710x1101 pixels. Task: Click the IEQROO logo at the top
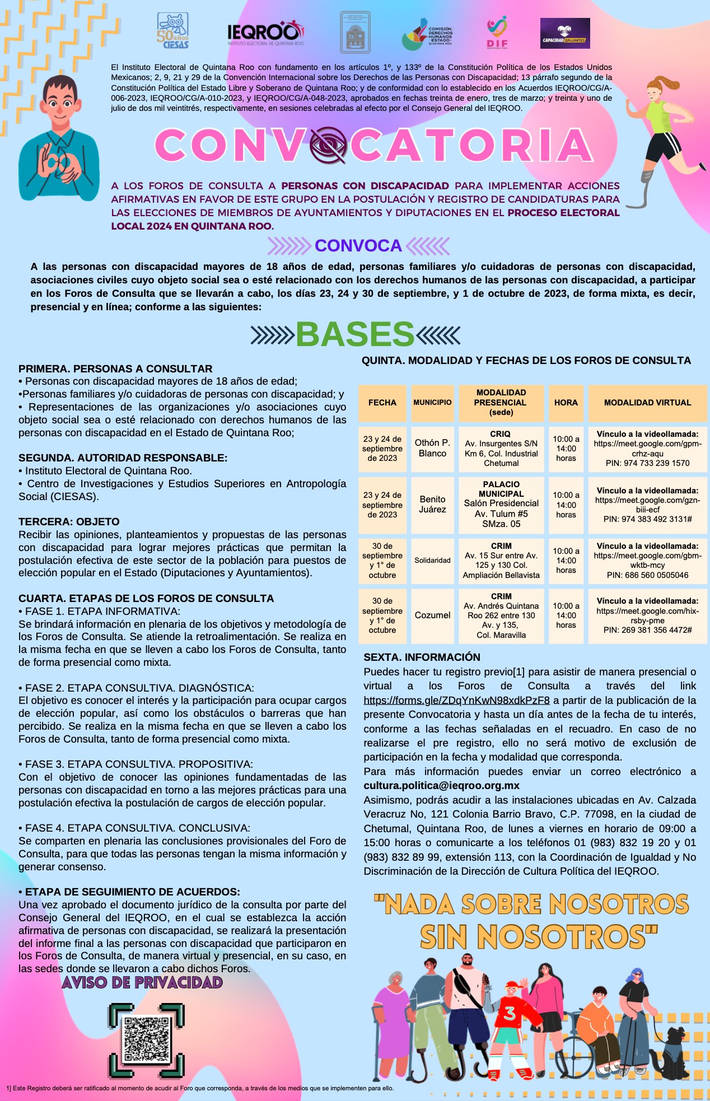(265, 34)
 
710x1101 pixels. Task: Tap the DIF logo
(497, 32)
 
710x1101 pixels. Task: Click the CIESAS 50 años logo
(172, 31)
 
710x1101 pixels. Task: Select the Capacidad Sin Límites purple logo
(564, 34)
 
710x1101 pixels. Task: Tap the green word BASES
(355, 334)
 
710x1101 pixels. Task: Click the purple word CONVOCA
(358, 245)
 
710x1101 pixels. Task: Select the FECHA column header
(382, 403)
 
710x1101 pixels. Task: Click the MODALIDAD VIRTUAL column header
(647, 403)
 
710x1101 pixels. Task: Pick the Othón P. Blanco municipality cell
(432, 448)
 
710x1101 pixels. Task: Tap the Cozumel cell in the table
(432, 615)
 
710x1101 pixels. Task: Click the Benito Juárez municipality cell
(432, 504)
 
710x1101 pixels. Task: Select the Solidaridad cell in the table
(432, 560)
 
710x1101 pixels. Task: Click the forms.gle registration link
(456, 700)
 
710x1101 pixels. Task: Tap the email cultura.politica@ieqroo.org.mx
(441, 786)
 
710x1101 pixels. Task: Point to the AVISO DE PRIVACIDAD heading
(142, 983)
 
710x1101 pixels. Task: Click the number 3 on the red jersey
(510, 1013)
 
